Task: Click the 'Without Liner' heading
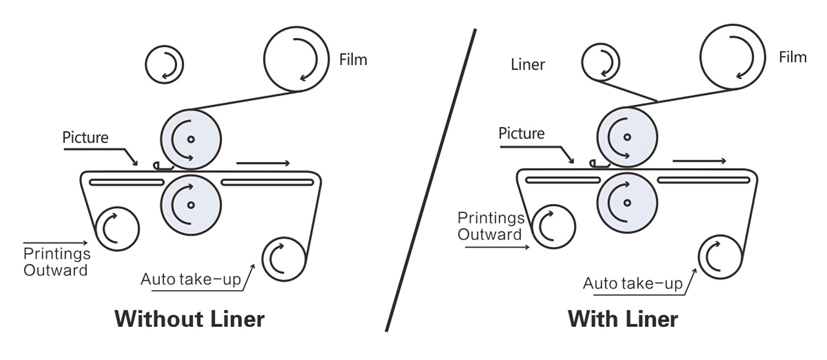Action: (x=189, y=319)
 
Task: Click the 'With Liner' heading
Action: (x=623, y=319)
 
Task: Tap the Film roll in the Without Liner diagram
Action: (x=296, y=59)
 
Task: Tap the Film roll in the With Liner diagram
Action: (x=733, y=56)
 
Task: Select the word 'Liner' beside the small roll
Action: (x=528, y=64)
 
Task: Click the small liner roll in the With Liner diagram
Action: (x=601, y=62)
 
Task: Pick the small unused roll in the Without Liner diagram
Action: (x=164, y=65)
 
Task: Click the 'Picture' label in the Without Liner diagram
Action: (x=85, y=138)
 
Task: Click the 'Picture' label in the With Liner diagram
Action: (x=522, y=133)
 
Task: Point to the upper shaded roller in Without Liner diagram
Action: (x=190, y=139)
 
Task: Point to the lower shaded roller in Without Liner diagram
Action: (x=190, y=205)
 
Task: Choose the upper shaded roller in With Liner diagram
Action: (x=627, y=137)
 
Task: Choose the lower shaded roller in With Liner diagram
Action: (x=627, y=202)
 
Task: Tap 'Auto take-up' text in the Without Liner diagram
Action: (x=190, y=279)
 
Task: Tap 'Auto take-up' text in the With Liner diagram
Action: (x=632, y=283)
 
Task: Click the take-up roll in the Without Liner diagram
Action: (x=284, y=259)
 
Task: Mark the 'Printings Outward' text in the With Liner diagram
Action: (x=491, y=226)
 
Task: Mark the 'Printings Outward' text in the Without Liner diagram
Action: (x=56, y=262)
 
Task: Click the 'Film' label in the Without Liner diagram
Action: (x=353, y=60)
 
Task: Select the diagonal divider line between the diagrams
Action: (x=430, y=180)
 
